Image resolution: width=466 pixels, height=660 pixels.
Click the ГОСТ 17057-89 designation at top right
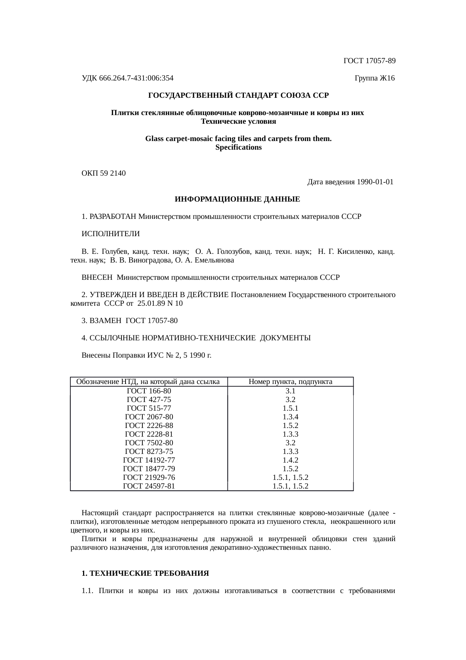coord(369,61)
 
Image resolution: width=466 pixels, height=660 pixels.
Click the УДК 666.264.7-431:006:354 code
coord(127,78)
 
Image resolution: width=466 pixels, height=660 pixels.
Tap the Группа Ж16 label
coord(374,78)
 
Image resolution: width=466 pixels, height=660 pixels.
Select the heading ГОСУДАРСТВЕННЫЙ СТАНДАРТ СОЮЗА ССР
coord(238,96)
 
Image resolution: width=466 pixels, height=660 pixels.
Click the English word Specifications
coord(238,147)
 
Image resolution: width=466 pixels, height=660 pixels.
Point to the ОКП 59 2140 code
coord(104,173)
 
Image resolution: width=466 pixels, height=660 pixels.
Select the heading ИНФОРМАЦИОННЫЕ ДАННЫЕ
coord(238,199)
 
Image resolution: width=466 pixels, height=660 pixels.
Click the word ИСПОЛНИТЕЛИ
coord(110,234)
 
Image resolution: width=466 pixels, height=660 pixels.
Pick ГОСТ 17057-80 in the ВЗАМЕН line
coord(151,321)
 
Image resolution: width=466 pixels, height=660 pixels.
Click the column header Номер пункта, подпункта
coord(290,382)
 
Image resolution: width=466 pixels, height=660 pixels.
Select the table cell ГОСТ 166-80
coord(149,391)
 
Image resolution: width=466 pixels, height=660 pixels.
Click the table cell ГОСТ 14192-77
coord(149,460)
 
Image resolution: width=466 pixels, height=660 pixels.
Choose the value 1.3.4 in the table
coord(290,417)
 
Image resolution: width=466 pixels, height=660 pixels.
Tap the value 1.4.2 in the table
coord(290,460)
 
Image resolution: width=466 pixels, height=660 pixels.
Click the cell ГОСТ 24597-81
coord(149,486)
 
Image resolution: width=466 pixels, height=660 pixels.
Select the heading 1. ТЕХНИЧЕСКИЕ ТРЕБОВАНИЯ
coord(145,574)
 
